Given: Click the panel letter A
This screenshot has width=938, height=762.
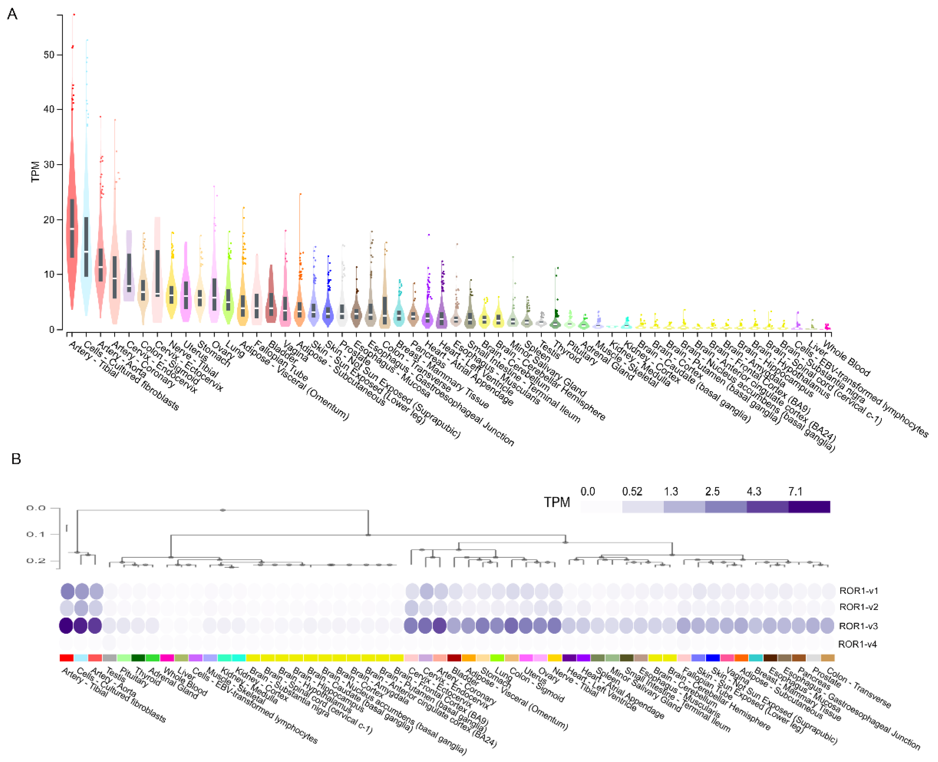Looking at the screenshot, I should pyautogui.click(x=12, y=15).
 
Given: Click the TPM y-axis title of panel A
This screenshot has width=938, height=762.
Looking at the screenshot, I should pyautogui.click(x=35, y=172).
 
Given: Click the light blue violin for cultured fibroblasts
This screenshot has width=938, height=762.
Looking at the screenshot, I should pyautogui.click(x=86, y=246).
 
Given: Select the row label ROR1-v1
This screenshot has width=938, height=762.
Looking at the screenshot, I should pyautogui.click(x=858, y=591).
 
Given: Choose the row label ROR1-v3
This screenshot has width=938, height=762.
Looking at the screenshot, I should pyautogui.click(x=858, y=626).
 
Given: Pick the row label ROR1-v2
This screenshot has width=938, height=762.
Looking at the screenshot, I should pyautogui.click(x=858, y=607).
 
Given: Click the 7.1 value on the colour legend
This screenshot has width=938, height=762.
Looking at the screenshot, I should pyautogui.click(x=795, y=491).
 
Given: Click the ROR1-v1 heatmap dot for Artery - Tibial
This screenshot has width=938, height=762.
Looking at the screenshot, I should pyautogui.click(x=67, y=591).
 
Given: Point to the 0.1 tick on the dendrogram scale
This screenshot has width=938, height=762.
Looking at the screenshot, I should pyautogui.click(x=36, y=534).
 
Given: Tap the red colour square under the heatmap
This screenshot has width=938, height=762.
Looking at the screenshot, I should pyautogui.click(x=66, y=657).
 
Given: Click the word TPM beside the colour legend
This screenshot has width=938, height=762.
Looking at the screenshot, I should pyautogui.click(x=557, y=502).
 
